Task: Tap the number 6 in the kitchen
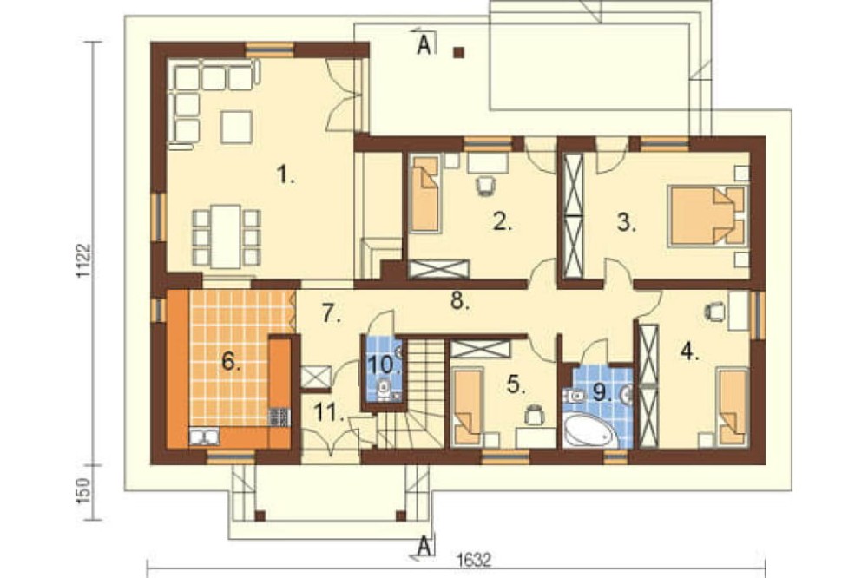point(231,362)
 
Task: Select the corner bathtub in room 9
point(589,431)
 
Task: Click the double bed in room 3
point(707,216)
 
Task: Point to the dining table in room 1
point(226,236)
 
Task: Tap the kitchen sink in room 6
point(204,437)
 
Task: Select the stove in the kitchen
point(279,417)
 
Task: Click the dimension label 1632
point(475,561)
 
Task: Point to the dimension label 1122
point(83,260)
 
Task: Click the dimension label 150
point(83,491)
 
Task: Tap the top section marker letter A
point(424,45)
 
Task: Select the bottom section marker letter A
point(424,546)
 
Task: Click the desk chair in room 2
point(486,185)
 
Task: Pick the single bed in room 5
point(468,408)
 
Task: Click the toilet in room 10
point(384,390)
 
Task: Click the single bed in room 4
point(733,408)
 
